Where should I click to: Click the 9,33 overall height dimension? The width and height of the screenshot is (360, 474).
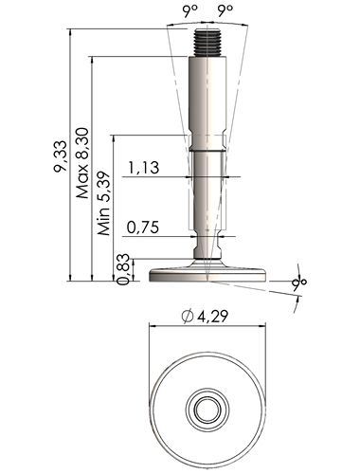(x=61, y=156)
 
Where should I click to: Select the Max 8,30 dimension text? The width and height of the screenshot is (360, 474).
(x=82, y=163)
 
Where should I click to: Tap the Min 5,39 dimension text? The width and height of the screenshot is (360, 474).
(x=103, y=204)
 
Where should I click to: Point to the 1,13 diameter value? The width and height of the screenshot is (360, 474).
(x=144, y=168)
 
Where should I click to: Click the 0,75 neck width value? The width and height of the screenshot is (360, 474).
(x=143, y=227)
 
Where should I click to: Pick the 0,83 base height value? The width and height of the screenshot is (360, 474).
(x=123, y=269)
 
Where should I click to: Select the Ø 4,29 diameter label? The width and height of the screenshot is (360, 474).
(x=205, y=316)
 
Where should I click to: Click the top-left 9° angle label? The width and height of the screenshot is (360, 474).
(x=190, y=11)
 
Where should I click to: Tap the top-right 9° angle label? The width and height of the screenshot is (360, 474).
(x=225, y=11)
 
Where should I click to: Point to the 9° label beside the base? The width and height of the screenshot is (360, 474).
(x=299, y=282)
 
